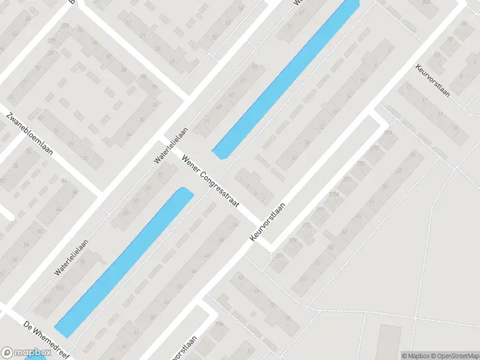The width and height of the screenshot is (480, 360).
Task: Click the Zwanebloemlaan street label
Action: click(x=29, y=134)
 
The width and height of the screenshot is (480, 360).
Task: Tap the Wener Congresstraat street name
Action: click(x=211, y=179)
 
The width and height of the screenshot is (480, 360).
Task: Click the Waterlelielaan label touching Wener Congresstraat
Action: click(x=171, y=145)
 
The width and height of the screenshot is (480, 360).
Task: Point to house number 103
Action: click(x=59, y=288)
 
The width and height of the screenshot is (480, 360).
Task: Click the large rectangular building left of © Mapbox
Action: click(x=390, y=342)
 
